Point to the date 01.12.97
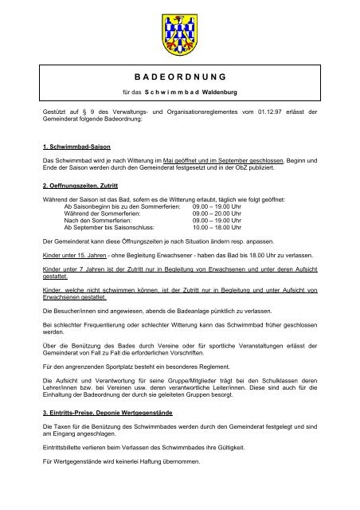click(x=278, y=126)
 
